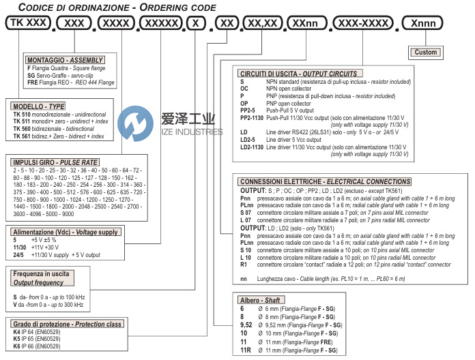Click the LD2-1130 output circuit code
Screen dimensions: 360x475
click(x=253, y=147)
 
